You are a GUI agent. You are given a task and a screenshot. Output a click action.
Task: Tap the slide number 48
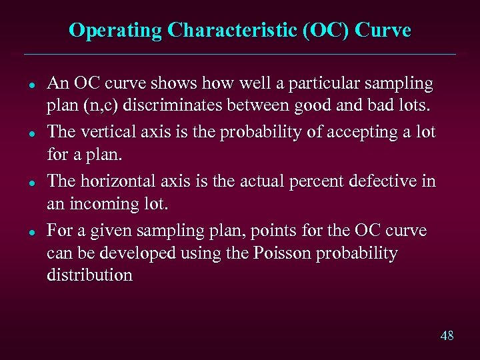[x=447, y=335]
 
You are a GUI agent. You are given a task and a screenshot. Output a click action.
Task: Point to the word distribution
[x=89, y=276]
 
